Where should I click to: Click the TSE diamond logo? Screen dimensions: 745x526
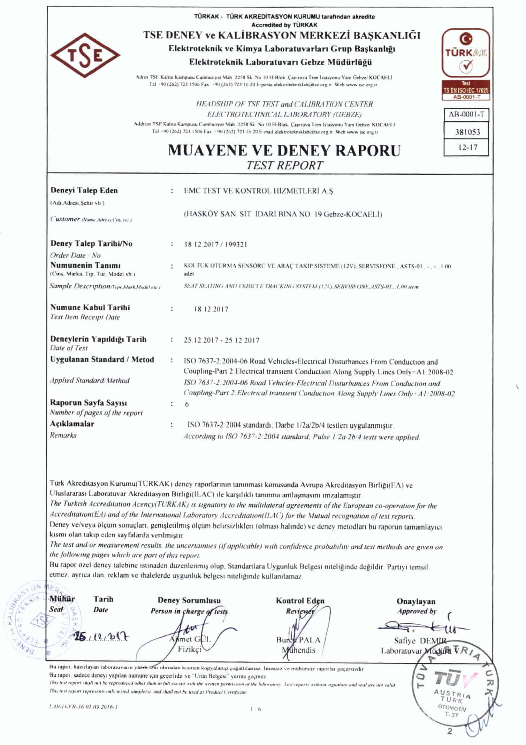click(85, 56)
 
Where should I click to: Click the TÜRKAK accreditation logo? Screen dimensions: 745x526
click(466, 54)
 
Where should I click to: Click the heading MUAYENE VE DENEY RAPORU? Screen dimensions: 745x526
click(284, 150)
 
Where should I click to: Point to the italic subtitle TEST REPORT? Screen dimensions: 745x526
click(284, 165)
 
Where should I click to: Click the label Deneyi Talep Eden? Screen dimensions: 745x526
click(84, 190)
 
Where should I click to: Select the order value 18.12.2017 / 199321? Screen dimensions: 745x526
click(215, 244)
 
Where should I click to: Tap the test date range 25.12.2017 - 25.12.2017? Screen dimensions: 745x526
click(221, 340)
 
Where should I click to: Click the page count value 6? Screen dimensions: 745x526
click(187, 404)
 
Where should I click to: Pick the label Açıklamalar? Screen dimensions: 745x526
click(72, 424)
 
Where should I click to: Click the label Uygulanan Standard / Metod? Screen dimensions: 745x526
click(102, 359)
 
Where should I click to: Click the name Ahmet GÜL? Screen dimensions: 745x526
click(190, 639)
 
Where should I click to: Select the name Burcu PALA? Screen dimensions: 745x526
click(298, 640)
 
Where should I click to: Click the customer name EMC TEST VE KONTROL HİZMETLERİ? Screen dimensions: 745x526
click(258, 191)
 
